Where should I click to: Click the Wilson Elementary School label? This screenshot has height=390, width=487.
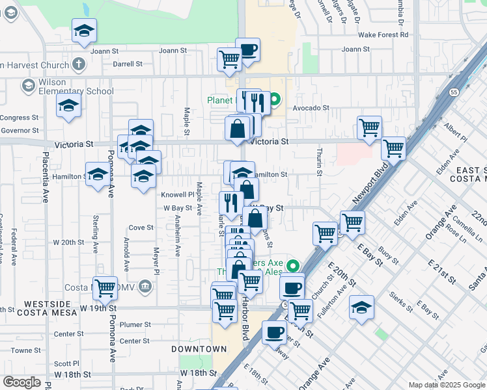[x=68, y=87]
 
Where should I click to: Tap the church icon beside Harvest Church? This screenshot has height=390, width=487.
[x=79, y=64]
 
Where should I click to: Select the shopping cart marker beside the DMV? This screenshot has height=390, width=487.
[x=104, y=287]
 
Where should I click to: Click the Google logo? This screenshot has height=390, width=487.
[x=22, y=382]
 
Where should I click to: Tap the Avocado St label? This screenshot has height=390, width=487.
[x=311, y=108]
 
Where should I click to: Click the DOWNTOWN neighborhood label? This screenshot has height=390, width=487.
[x=199, y=349]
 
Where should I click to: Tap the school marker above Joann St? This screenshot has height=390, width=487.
[x=84, y=31]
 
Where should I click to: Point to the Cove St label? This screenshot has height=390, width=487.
[x=141, y=227]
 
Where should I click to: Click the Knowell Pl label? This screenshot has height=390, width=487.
[x=178, y=194]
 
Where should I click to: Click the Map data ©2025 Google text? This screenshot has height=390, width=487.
[x=446, y=383]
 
